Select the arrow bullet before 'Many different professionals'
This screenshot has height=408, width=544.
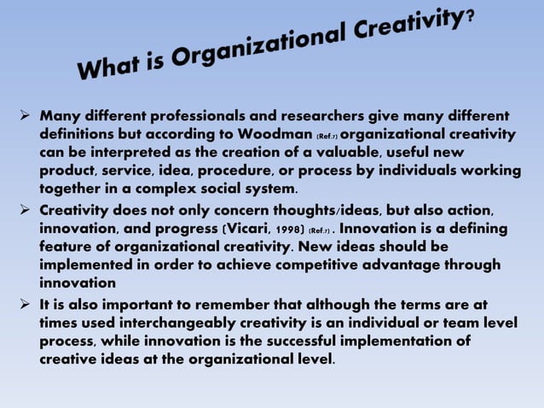click(24, 115)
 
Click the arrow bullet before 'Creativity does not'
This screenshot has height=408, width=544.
click(24, 209)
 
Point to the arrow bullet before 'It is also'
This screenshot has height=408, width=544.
click(24, 304)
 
